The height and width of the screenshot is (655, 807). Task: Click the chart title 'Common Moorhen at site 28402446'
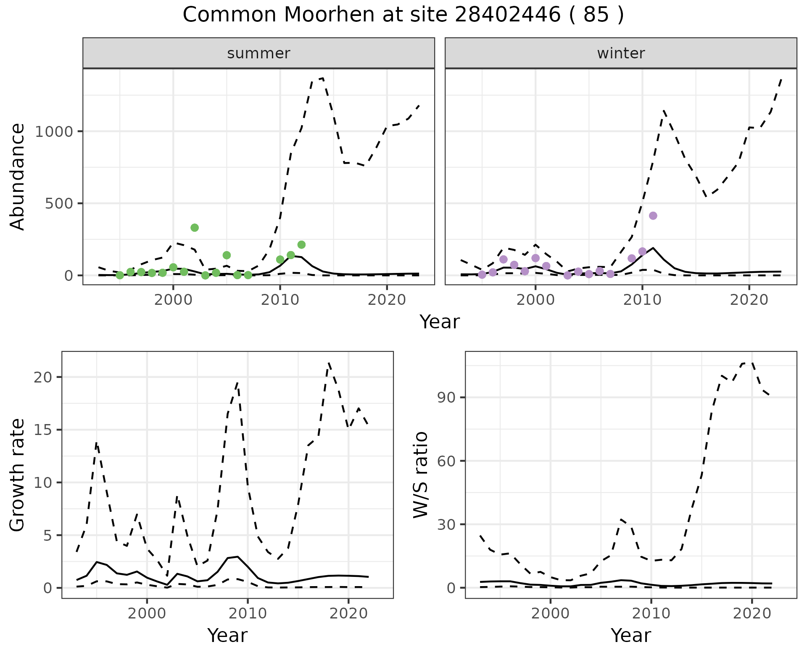pos(403,15)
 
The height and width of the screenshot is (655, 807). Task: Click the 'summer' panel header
pos(258,53)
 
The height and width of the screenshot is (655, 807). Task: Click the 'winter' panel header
pos(621,53)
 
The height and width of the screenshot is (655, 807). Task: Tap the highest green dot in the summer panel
pos(195,228)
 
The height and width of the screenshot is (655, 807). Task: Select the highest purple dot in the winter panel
pos(653,216)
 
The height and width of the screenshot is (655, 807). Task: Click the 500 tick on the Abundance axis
pos(61,204)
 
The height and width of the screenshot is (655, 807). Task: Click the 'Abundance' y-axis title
pos(18,176)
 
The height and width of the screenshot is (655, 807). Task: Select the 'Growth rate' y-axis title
pos(18,474)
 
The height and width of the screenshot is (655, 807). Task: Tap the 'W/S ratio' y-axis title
pos(421,474)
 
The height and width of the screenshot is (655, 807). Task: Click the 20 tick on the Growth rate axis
pos(43,377)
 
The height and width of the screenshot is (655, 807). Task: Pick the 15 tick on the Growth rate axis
pos(43,430)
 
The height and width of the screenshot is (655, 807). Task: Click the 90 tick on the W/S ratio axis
pos(447,398)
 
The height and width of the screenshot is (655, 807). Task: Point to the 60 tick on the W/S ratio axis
pos(447,461)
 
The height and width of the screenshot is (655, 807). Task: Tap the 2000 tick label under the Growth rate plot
pos(147,613)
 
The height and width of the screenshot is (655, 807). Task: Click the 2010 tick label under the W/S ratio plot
pos(651,613)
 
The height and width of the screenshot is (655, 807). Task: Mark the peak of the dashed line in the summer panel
pos(322,78)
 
